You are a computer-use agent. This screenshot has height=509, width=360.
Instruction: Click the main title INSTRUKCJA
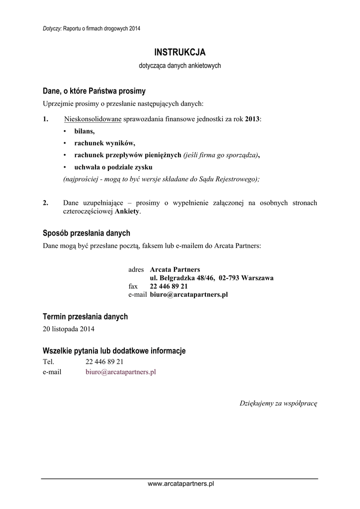pyautogui.click(x=180, y=52)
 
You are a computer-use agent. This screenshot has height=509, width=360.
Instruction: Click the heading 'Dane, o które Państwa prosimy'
pyautogui.click(x=94, y=91)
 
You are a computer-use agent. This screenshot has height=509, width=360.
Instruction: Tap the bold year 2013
pyautogui.click(x=252, y=119)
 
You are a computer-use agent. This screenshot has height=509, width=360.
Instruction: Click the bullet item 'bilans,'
pyautogui.click(x=84, y=131)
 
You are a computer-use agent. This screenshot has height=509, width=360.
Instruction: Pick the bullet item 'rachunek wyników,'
pyautogui.click(x=104, y=143)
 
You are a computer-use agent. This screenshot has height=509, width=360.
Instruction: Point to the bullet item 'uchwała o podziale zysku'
pyautogui.click(x=113, y=167)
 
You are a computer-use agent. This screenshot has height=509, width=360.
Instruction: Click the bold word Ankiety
pyautogui.click(x=128, y=211)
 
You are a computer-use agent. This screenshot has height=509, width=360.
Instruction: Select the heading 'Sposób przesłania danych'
pyautogui.click(x=87, y=233)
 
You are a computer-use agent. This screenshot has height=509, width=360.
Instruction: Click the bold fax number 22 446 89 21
pyautogui.click(x=169, y=286)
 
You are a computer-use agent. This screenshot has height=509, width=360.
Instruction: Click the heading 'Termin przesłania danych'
pyautogui.click(x=86, y=317)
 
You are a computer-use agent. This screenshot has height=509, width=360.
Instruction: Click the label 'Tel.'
pyautogui.click(x=49, y=362)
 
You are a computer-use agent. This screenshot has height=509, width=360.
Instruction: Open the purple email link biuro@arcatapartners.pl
pyautogui.click(x=121, y=371)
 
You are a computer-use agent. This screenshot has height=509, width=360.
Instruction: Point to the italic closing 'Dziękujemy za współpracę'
pyautogui.click(x=278, y=403)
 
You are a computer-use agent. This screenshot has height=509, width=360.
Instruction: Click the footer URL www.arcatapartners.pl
pyautogui.click(x=180, y=484)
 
